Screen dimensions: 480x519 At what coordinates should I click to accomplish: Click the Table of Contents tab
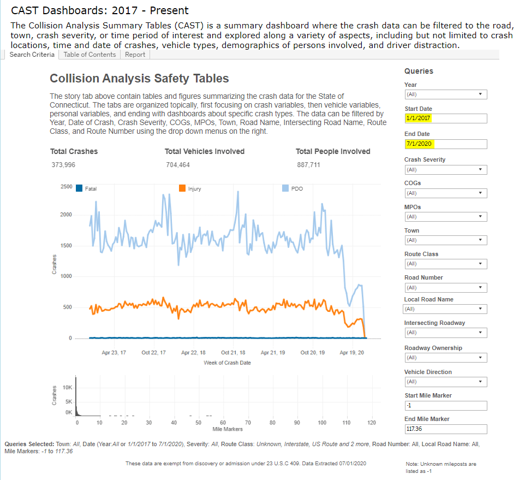click(x=90, y=55)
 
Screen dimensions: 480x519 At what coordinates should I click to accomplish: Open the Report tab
click(x=135, y=55)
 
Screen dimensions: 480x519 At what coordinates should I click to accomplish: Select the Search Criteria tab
click(x=32, y=55)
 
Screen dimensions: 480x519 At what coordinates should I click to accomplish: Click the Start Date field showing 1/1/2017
click(x=445, y=118)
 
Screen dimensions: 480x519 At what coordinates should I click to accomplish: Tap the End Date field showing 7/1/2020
click(x=445, y=144)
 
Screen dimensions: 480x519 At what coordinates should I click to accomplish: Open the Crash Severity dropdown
click(x=445, y=170)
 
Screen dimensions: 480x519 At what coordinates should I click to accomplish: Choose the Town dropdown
click(x=445, y=240)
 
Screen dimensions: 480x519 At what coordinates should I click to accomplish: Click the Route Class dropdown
click(x=445, y=264)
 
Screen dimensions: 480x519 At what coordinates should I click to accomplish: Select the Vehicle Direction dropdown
click(x=445, y=382)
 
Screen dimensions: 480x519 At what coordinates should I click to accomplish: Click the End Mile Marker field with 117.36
click(x=445, y=429)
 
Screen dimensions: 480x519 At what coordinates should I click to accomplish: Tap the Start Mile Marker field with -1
click(x=445, y=405)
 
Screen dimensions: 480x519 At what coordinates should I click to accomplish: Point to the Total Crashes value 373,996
click(x=63, y=165)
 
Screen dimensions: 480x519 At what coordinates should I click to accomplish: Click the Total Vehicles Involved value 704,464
click(x=178, y=165)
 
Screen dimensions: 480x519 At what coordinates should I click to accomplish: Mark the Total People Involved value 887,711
click(x=308, y=165)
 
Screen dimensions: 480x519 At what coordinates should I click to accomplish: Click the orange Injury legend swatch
click(x=182, y=188)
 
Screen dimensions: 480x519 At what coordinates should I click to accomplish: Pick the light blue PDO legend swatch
click(x=285, y=188)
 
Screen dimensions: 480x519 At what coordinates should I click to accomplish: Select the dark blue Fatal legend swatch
click(x=79, y=188)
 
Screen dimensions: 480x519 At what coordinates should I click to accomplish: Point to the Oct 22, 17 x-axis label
click(x=153, y=353)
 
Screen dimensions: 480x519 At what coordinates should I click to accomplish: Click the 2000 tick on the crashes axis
click(x=66, y=215)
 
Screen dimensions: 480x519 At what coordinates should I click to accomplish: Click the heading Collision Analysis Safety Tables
click(x=139, y=79)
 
